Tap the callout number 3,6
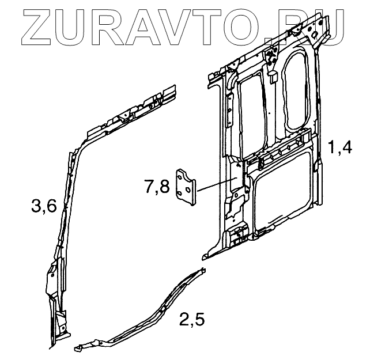coord(44,204)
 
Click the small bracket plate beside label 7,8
coord(186,187)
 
